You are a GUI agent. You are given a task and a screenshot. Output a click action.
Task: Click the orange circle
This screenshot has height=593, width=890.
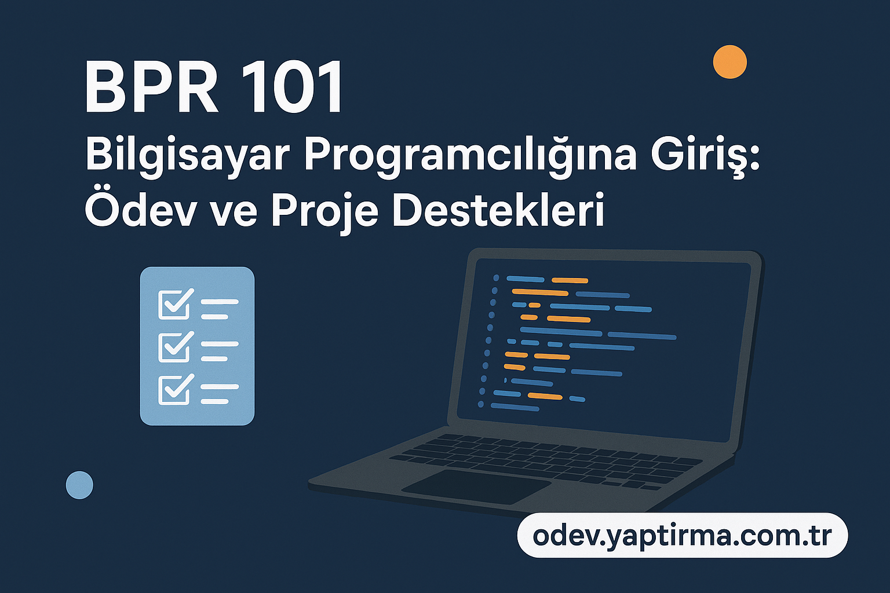(729, 61)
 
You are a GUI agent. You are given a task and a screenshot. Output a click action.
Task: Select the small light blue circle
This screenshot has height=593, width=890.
(79, 485)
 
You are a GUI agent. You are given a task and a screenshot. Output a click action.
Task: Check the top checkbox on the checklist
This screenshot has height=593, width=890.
(173, 305)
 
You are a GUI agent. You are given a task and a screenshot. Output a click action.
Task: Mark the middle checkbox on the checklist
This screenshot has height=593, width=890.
(173, 347)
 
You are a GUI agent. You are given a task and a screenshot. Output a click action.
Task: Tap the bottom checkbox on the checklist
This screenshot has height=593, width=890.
(173, 390)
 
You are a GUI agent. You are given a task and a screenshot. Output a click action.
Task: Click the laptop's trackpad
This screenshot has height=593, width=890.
(476, 486)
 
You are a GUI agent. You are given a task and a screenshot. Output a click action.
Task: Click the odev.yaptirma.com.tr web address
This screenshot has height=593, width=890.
(682, 536)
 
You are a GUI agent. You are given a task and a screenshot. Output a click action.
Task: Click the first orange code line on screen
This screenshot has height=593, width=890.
(570, 280)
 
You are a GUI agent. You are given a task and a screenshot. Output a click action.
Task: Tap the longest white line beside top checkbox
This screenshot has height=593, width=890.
(219, 302)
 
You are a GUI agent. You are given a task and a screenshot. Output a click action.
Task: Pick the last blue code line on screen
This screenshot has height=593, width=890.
(515, 408)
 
